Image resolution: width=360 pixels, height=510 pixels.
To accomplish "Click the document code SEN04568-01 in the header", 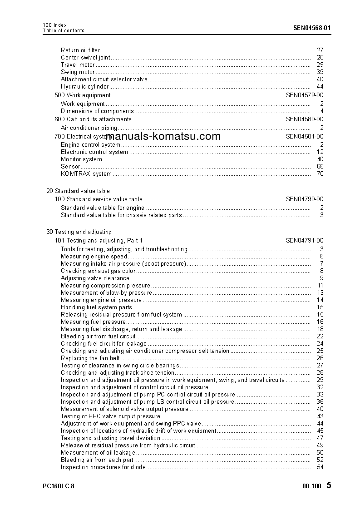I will [312, 27].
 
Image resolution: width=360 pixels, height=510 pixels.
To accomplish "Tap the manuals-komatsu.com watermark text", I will [163, 136].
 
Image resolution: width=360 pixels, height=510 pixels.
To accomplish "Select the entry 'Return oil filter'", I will [80, 50].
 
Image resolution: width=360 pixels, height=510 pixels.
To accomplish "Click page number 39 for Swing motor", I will [320, 72].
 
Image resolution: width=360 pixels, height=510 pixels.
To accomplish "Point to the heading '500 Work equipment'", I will [82, 95].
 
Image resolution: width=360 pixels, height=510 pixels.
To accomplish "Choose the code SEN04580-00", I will [305, 119].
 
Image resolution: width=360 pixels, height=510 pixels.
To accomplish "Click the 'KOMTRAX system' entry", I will [86, 174].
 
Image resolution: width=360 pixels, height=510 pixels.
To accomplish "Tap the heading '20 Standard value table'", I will [78, 191].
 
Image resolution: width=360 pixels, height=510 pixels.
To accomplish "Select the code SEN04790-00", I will [305, 199].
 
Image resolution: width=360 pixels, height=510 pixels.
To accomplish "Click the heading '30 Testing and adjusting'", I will [79, 232].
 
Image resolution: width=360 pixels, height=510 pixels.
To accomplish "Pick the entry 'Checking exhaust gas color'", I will [98, 271].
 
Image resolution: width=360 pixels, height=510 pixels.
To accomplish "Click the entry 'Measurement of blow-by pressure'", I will [106, 293].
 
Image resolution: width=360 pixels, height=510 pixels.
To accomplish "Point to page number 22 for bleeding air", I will [320, 337].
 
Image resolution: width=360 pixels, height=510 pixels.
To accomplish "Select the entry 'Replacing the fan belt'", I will [90, 358].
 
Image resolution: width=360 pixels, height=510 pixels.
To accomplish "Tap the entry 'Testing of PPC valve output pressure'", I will [110, 416].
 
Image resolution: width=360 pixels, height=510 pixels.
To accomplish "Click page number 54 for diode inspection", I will [320, 467].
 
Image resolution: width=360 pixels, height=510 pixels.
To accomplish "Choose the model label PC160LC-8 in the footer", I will [59, 486].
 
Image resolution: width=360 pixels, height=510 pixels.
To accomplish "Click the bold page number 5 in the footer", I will [329, 485].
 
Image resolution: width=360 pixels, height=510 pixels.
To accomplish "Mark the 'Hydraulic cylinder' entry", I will [85, 87].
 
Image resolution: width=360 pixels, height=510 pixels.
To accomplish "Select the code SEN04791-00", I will [305, 241].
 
